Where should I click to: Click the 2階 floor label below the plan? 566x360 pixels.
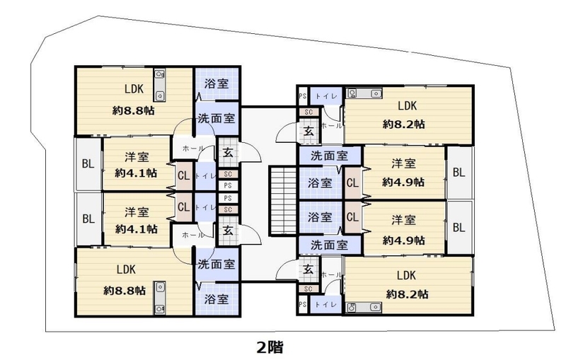click(270, 347)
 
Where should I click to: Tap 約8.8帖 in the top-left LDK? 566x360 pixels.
click(134, 110)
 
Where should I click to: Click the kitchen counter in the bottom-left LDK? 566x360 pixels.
click(161, 297)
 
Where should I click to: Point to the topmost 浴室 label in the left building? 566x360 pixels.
click(216, 83)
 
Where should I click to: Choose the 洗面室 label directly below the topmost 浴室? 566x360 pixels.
click(216, 118)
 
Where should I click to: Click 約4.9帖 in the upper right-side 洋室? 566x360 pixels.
click(403, 182)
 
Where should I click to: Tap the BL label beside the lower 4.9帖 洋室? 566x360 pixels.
click(458, 228)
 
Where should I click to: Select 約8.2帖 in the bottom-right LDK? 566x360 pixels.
click(408, 294)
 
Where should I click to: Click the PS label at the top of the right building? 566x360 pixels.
click(303, 96)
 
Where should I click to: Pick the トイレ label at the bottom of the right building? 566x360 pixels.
click(326, 304)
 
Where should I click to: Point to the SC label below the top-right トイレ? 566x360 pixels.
click(308, 112)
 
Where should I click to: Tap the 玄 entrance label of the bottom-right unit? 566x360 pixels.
click(308, 269)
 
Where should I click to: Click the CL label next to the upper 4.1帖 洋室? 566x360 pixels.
click(184, 176)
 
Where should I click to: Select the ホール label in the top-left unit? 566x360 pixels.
click(193, 148)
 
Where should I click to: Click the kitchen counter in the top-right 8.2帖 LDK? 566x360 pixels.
click(364, 93)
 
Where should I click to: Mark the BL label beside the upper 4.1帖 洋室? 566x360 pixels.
click(88, 164)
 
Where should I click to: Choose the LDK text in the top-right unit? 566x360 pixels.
click(408, 105)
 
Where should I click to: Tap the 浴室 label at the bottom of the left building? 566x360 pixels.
click(216, 299)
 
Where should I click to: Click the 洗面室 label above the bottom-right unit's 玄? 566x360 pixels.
click(329, 245)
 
